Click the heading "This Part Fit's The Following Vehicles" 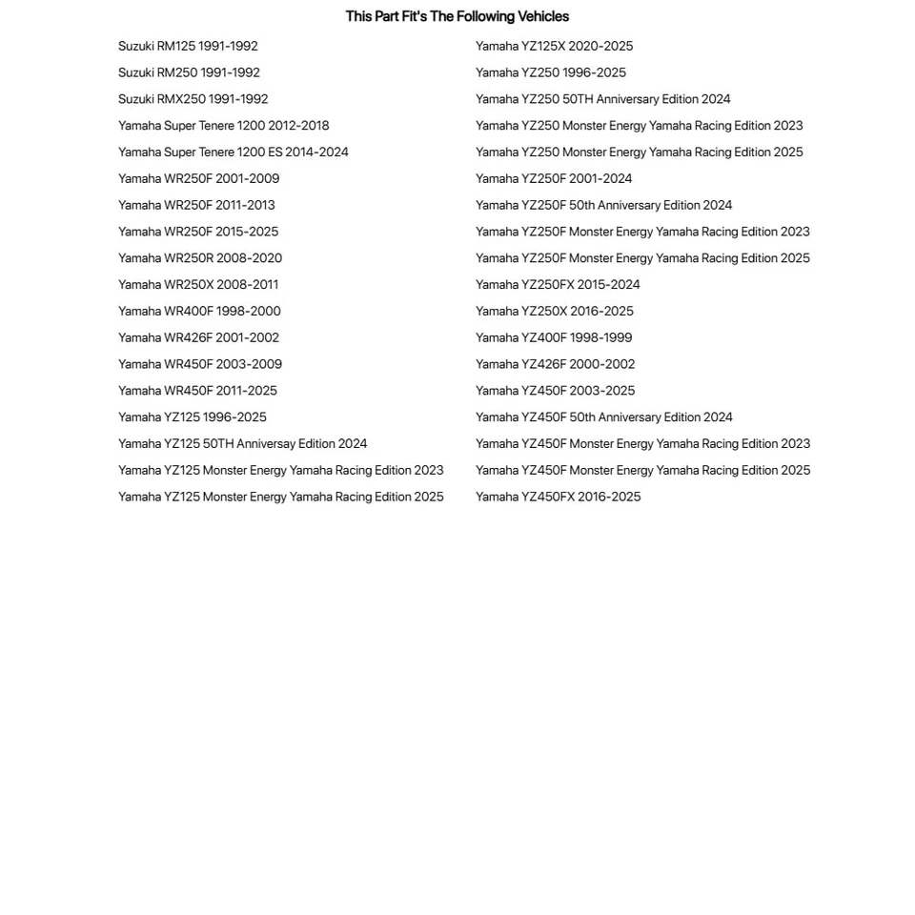pos(457,16)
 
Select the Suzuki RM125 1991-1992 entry pos(188,46)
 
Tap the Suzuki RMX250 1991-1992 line pos(193,99)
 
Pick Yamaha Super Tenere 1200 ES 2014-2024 pos(233,152)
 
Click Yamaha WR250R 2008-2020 pos(199,258)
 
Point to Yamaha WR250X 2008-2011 pos(198,285)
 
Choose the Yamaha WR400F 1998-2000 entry pos(199,312)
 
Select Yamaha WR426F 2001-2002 pos(198,338)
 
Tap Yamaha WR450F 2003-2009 pos(199,364)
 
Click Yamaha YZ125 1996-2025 pos(192,417)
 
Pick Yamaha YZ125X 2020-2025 pos(554,46)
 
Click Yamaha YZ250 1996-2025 pos(550,72)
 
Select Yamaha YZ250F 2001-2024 pos(553,179)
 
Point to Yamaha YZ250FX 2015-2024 pos(558,285)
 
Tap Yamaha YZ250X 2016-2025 pos(554,312)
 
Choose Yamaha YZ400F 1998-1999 pos(553,338)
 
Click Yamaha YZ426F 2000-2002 pos(555,364)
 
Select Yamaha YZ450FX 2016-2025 pos(558,497)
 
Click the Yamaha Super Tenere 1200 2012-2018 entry pos(223,126)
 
